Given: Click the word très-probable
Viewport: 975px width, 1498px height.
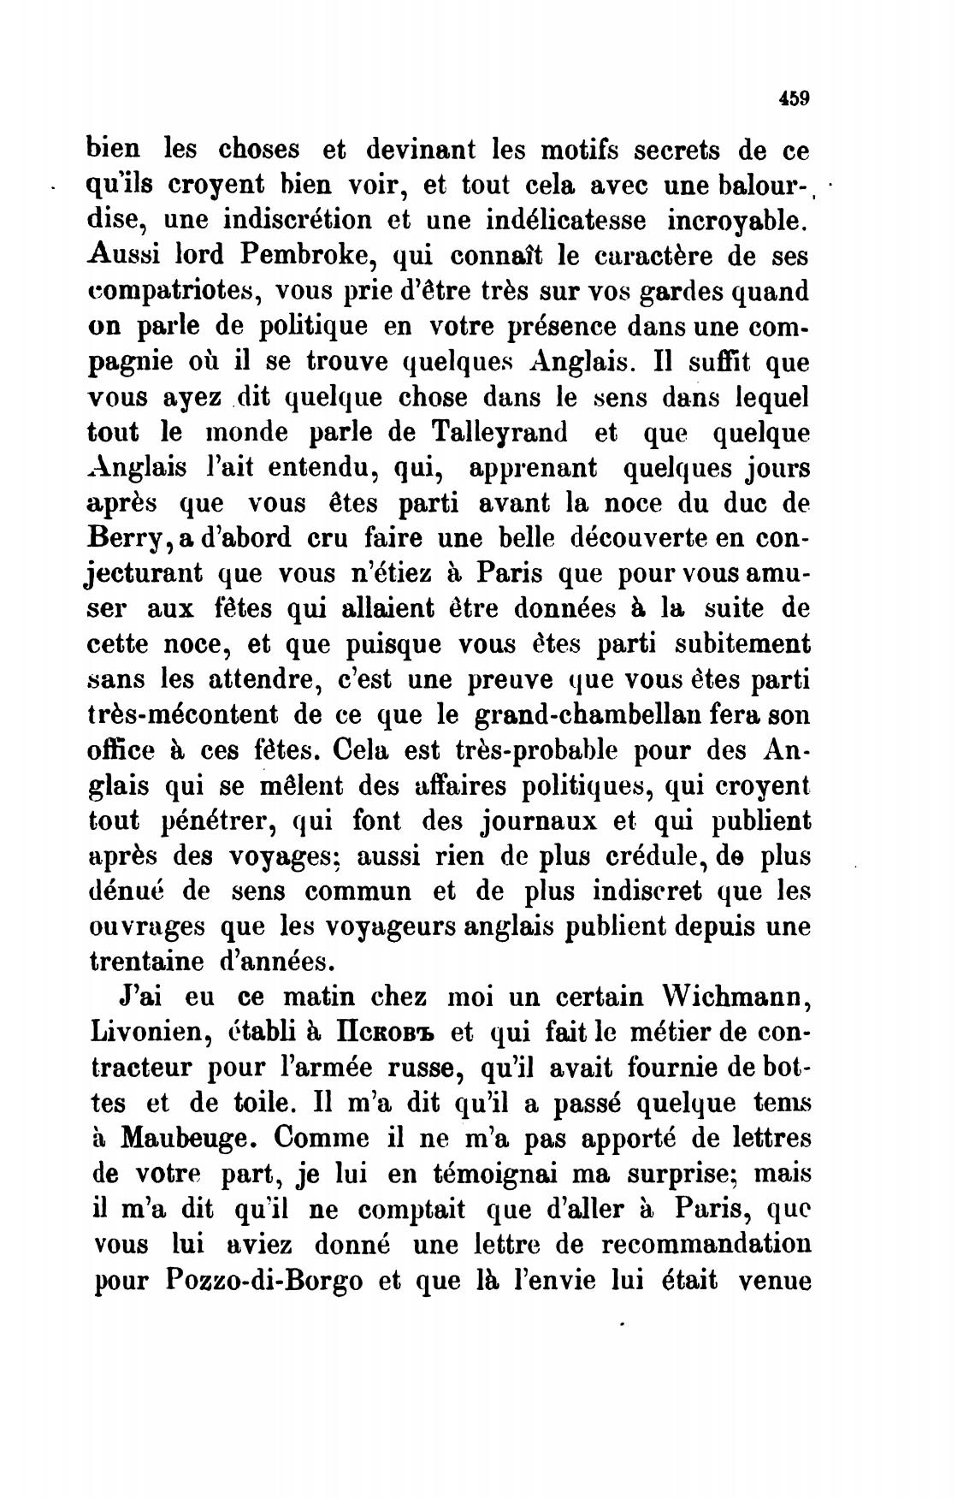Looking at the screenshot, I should pos(548,750).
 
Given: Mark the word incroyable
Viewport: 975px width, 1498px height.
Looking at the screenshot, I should pos(736,220).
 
